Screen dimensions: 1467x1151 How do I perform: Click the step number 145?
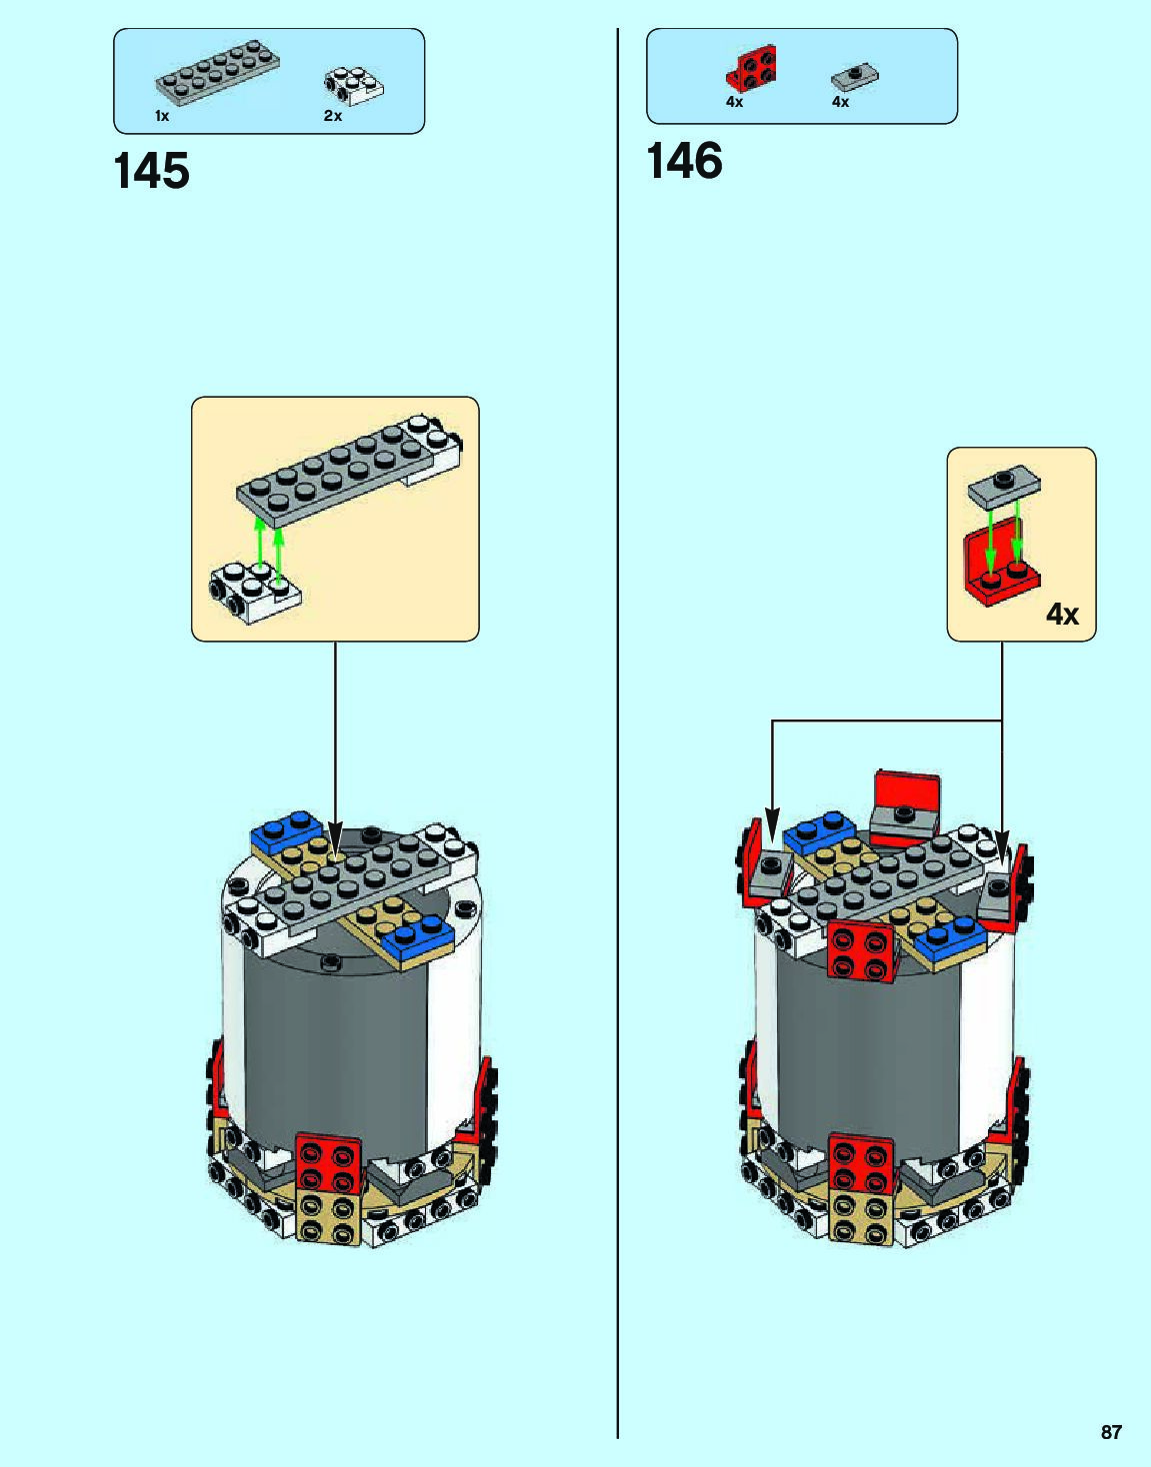[x=152, y=171]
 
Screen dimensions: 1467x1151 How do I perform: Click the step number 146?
[x=684, y=161]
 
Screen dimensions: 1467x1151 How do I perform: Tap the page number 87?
[x=1111, y=1432]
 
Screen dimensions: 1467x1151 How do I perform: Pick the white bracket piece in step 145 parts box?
[x=353, y=86]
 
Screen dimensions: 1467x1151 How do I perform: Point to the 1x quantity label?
[x=162, y=117]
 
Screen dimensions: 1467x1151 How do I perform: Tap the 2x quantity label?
[x=333, y=117]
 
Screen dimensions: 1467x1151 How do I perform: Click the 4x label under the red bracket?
[x=735, y=102]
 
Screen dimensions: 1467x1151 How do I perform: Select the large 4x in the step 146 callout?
[x=1062, y=614]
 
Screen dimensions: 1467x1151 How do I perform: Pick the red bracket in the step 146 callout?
[x=1000, y=571]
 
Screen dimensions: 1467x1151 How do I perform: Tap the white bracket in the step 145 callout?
[x=254, y=592]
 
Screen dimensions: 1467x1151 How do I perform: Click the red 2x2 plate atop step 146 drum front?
[x=860, y=950]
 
